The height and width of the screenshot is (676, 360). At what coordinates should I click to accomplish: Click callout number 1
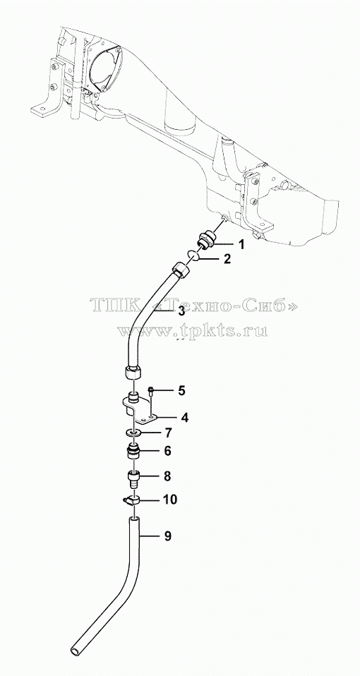click(241, 244)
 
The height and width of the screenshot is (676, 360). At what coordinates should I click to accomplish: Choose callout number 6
click(168, 451)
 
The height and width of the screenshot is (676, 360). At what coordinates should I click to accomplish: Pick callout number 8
click(167, 476)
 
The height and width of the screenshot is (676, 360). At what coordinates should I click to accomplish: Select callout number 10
click(170, 500)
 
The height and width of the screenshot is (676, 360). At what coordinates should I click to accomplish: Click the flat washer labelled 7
click(134, 433)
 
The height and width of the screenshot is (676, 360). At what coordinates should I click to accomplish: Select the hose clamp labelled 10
click(131, 500)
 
